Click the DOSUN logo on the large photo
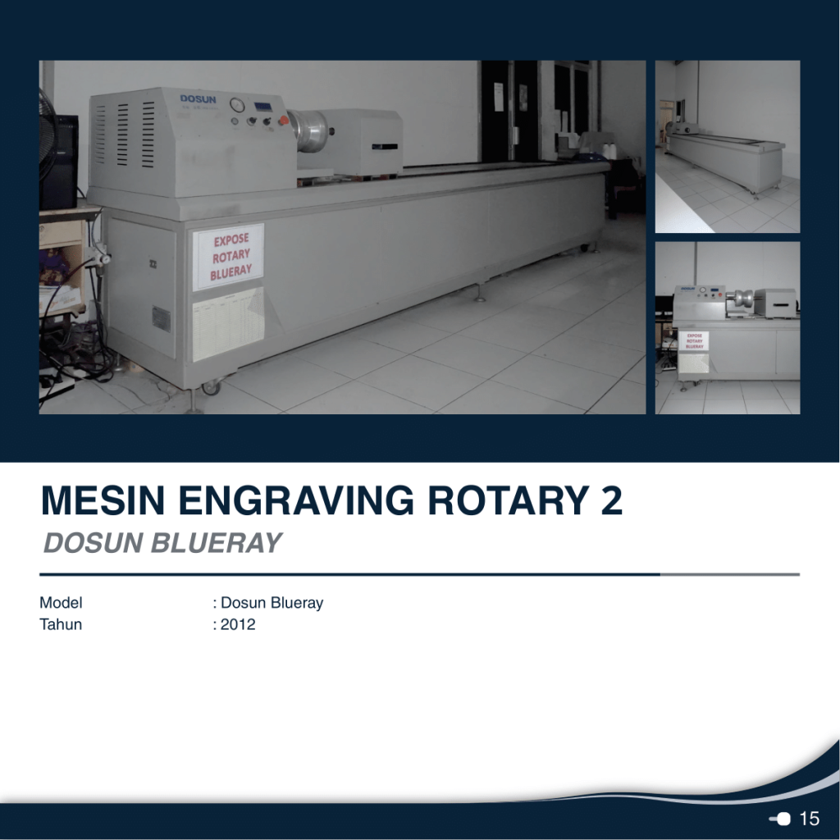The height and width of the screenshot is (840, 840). (x=198, y=99)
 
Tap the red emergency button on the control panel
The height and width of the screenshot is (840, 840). (x=283, y=121)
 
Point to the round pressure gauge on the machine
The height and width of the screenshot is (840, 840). (x=236, y=104)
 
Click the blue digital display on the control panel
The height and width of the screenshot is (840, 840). (x=263, y=107)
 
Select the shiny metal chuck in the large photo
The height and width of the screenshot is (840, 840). (x=308, y=130)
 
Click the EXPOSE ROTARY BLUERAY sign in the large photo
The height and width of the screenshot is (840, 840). (x=230, y=257)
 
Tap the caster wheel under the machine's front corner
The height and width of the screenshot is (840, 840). (x=211, y=387)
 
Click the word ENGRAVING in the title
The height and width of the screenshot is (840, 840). (x=295, y=500)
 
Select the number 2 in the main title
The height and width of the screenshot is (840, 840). (x=610, y=500)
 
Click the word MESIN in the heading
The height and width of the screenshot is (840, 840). (x=103, y=500)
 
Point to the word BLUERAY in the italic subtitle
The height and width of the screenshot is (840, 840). (x=216, y=543)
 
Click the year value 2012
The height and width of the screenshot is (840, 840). (x=238, y=624)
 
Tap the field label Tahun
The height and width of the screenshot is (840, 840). (x=61, y=624)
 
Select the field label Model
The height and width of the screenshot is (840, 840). (x=61, y=603)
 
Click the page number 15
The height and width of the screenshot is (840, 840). (x=809, y=819)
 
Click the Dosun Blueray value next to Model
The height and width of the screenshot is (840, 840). (x=272, y=603)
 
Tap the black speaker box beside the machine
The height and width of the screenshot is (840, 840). (x=59, y=162)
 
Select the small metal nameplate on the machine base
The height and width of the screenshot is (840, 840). (x=162, y=319)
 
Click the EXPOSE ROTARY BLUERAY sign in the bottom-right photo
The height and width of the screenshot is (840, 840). (x=694, y=340)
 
